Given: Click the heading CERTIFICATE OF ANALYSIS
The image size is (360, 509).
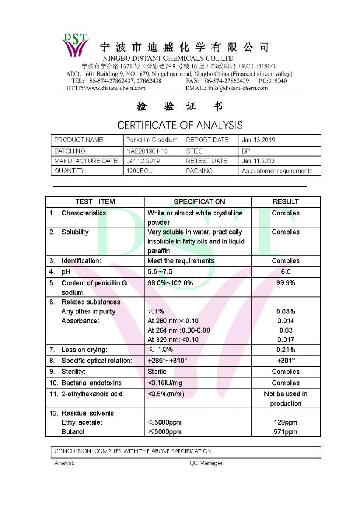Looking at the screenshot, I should (x=180, y=125).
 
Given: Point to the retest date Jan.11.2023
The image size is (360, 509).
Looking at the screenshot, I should (x=258, y=161).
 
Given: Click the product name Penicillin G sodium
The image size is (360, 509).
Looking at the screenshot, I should (x=152, y=140).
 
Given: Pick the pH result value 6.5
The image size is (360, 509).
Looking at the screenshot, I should (x=285, y=272).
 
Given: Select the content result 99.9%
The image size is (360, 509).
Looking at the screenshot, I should (x=285, y=283).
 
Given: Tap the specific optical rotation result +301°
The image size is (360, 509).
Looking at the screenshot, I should (x=285, y=361).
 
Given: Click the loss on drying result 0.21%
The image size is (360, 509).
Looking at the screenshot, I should (x=285, y=350).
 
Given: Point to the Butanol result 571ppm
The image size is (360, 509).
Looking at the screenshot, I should (x=285, y=432).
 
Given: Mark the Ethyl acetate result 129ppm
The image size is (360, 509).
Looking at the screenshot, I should (x=285, y=422).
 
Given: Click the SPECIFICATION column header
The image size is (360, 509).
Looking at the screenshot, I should (x=199, y=202).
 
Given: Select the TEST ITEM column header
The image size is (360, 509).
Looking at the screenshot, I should (x=95, y=202).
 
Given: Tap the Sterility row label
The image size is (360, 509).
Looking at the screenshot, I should (x=73, y=372).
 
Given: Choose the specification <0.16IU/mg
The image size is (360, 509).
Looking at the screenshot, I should (x=165, y=383).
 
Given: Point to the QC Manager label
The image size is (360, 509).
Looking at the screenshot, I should (x=206, y=463).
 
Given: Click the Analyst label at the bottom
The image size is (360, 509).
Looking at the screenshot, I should (x=64, y=463).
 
